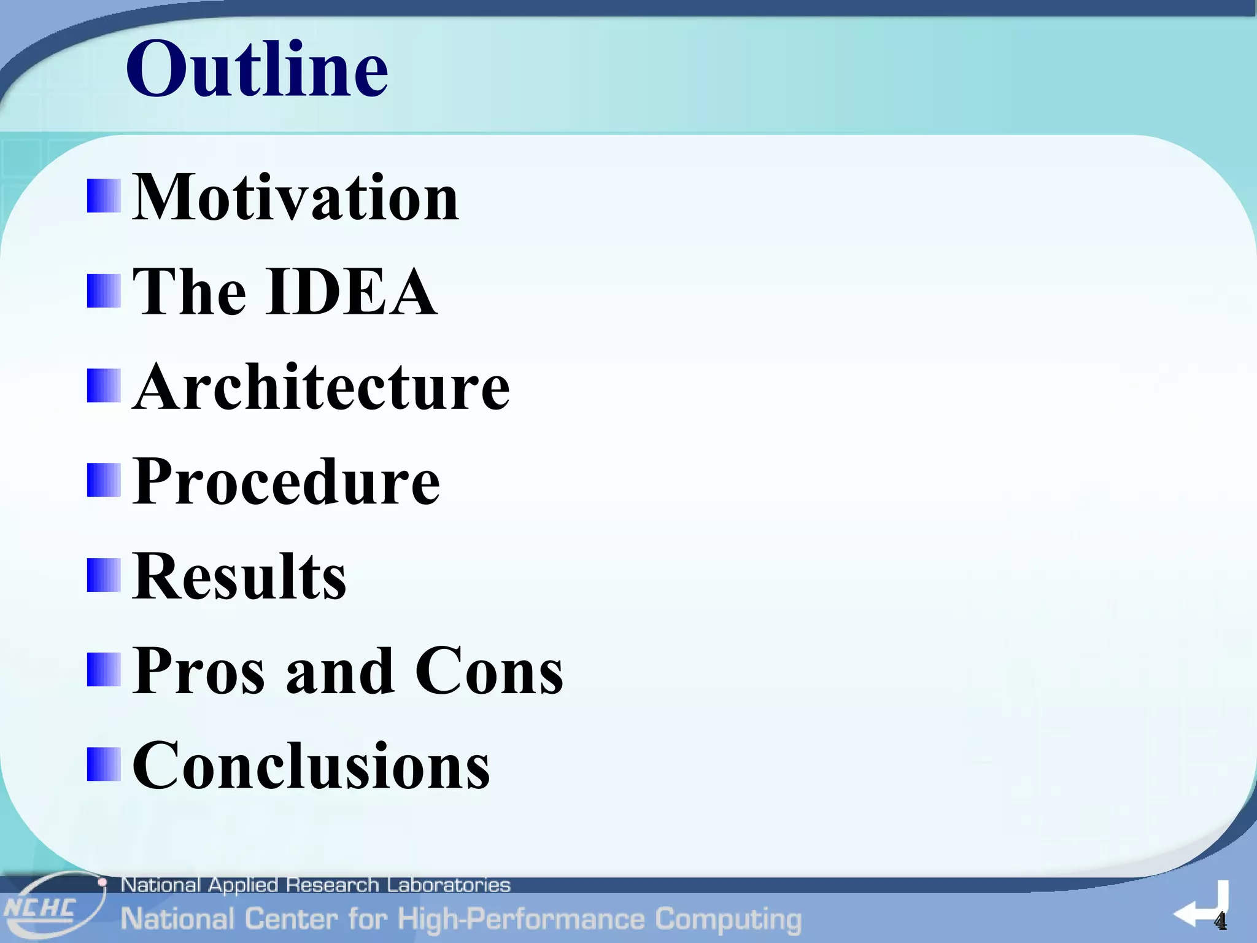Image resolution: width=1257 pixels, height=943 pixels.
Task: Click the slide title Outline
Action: point(257,69)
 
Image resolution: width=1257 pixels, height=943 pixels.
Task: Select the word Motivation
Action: point(295,198)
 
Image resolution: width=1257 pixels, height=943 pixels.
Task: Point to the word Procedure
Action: point(286,483)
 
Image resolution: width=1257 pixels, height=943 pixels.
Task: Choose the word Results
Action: point(239,577)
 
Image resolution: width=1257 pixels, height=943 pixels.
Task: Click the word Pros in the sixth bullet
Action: point(199,672)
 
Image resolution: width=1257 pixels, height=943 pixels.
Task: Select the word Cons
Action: point(489,672)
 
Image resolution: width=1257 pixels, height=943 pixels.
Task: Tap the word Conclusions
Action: point(311,766)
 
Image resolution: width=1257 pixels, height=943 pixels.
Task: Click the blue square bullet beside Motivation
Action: point(103,196)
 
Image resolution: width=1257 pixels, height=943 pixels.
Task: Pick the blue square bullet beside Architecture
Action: point(103,386)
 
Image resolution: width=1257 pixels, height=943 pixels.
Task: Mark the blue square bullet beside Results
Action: point(103,575)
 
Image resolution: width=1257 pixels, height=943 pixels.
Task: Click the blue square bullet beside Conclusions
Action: point(103,764)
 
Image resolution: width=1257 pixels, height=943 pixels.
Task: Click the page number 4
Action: point(1220,921)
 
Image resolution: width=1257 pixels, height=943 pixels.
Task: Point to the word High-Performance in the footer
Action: point(520,920)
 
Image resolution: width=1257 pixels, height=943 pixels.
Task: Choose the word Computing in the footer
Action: point(728,920)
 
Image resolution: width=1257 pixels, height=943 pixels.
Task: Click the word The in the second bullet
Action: point(189,292)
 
